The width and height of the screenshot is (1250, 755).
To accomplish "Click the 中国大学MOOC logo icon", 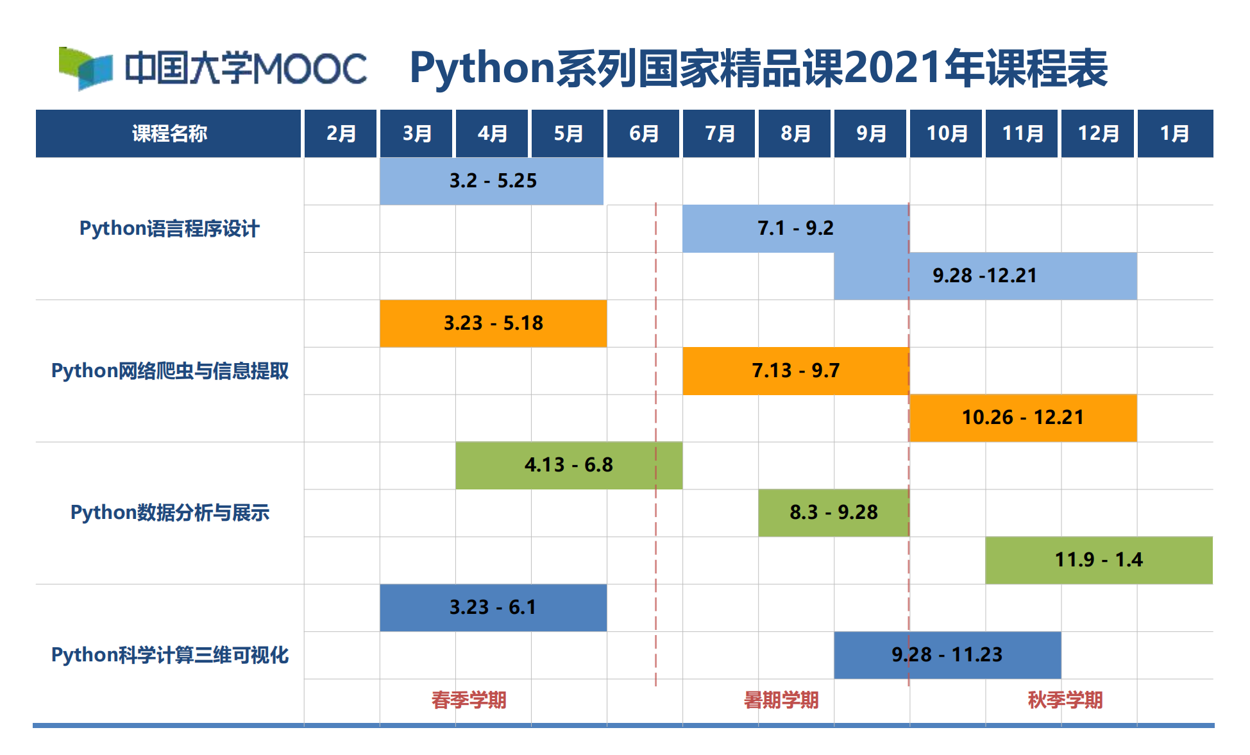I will point(85,68).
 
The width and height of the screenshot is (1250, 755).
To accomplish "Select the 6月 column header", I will point(643,133).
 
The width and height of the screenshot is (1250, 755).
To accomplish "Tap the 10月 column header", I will point(946,133).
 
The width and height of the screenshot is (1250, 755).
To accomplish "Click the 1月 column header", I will point(1174,133).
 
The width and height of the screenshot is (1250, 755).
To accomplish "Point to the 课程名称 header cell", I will point(169,133).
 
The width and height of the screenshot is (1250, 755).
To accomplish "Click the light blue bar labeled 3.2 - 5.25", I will point(491,181).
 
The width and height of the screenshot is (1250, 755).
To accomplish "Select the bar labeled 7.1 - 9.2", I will point(795,228).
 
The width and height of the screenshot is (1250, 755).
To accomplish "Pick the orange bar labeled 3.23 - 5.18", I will point(493,323).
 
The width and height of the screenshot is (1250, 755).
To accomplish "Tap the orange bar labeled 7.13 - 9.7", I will point(795,371).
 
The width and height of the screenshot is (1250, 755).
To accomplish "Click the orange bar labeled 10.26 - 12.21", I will point(1022,418).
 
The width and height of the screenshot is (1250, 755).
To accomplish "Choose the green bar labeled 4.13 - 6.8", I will point(568,465).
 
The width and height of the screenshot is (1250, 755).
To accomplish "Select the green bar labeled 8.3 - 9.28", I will point(833,513).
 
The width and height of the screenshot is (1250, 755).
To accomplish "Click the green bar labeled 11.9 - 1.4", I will point(1098,560).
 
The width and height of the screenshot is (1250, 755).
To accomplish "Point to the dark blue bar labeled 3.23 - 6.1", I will point(493,607).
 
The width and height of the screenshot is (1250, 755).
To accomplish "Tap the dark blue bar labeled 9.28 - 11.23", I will point(947,655).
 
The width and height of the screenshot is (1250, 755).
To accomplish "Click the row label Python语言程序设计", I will point(169,228).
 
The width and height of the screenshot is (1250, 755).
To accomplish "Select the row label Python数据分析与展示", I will point(169,513).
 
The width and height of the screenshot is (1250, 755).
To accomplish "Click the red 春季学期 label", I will point(469,700).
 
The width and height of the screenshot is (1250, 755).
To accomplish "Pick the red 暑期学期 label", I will point(781,700).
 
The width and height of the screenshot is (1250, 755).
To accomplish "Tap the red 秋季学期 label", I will point(1065,700).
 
